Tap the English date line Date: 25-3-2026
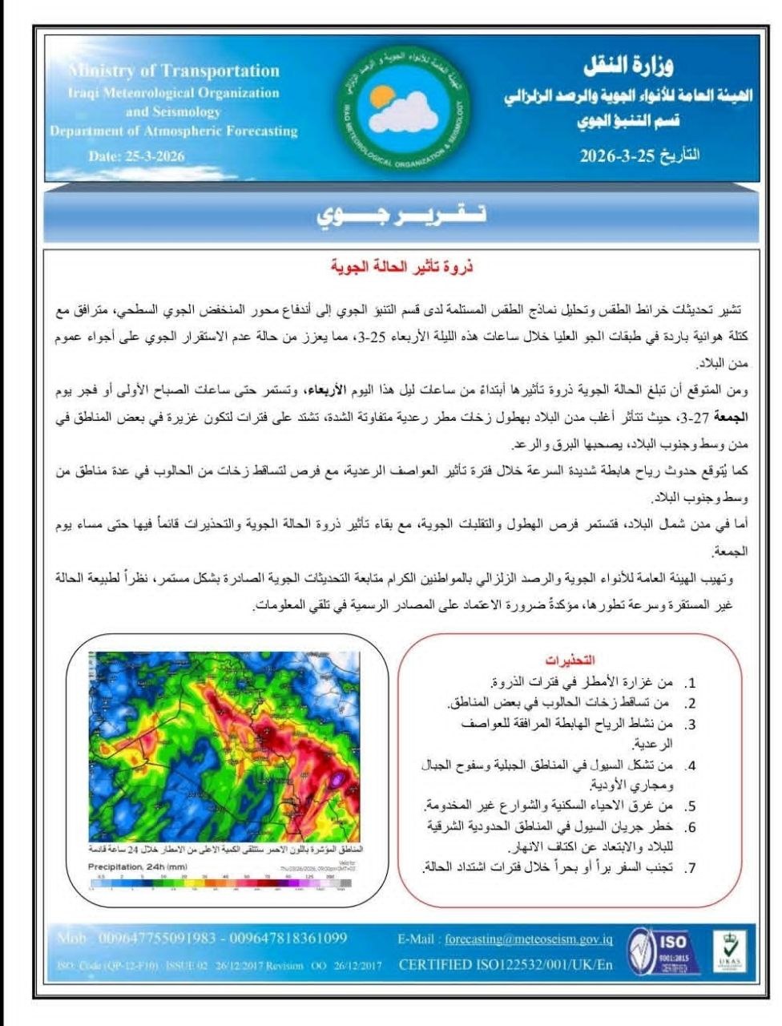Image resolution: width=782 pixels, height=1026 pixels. [x=136, y=156]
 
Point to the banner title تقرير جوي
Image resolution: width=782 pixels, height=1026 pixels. [x=401, y=216]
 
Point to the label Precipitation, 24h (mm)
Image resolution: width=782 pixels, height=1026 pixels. [x=137, y=867]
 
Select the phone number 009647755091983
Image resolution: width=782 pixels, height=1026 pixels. [x=157, y=938]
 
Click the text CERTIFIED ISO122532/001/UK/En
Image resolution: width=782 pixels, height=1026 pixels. [x=505, y=964]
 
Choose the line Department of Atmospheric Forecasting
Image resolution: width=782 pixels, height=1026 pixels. [x=173, y=131]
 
